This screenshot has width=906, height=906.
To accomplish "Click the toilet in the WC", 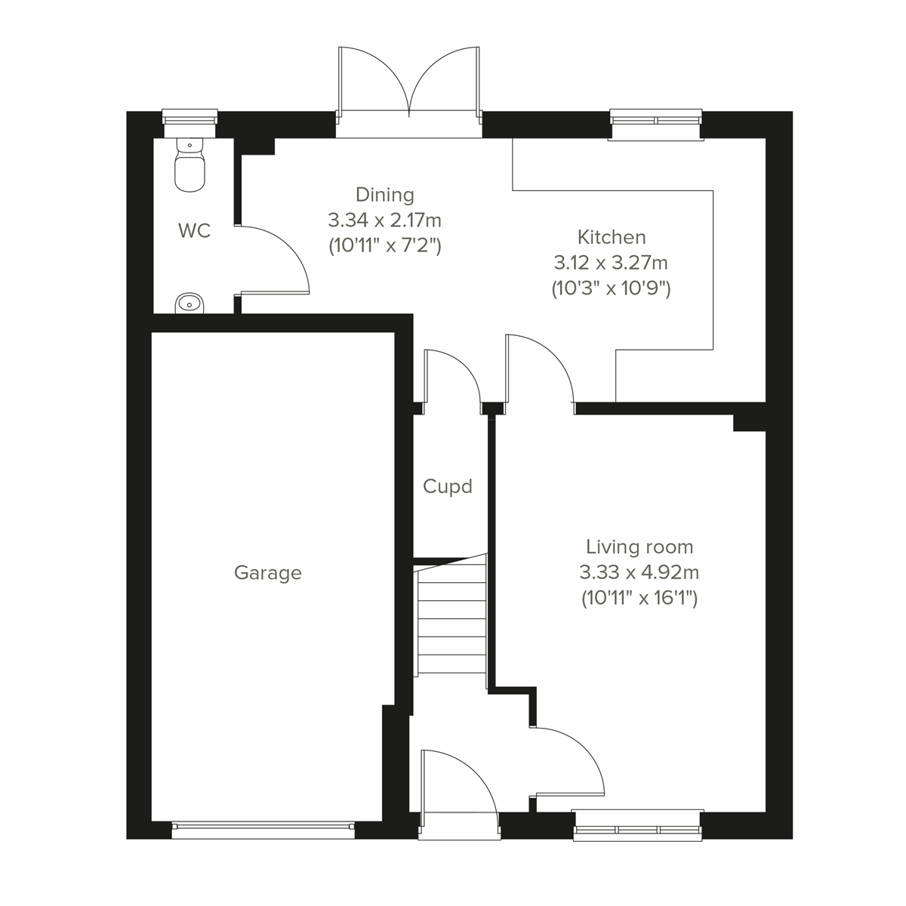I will click(190, 168).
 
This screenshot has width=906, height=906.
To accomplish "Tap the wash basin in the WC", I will click(190, 304).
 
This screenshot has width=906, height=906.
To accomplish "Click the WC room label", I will click(194, 231).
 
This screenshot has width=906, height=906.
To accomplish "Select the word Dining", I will click(385, 195).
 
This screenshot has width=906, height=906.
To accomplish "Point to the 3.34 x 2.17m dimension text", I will click(384, 220).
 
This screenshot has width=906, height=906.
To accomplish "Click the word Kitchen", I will click(612, 237).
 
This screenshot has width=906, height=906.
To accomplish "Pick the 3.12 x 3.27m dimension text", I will click(611, 263).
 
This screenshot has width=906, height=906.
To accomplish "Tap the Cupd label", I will click(448, 486).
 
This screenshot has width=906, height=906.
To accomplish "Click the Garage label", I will click(267, 573).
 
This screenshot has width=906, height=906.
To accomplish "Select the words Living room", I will click(639, 547).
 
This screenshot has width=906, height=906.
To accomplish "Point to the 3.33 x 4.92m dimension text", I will click(639, 572).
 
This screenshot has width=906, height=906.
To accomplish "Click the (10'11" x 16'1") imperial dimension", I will click(639, 599).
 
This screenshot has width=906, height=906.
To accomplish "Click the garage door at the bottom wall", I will click(263, 830).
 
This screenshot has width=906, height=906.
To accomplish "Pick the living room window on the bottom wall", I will click(637, 825).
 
